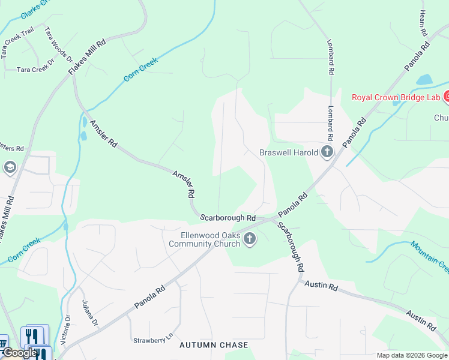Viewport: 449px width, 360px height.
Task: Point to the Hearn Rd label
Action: tap(423, 22)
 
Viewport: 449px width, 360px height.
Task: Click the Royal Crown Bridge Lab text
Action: tap(395, 97)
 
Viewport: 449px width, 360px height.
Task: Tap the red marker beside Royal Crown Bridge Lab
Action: tap(446, 97)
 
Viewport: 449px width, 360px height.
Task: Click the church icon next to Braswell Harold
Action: tap(327, 152)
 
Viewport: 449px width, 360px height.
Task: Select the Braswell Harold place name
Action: tap(289, 152)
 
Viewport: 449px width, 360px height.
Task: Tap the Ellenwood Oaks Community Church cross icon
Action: tap(249, 239)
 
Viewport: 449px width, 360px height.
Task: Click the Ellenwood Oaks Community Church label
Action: tap(204, 239)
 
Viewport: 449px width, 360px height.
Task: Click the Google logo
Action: tap(19, 353)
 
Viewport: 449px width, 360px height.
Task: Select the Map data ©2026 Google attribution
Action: tap(412, 355)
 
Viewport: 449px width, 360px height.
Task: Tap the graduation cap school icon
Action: tap(10, 167)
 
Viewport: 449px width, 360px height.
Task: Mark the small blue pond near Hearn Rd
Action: tap(424, 80)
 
